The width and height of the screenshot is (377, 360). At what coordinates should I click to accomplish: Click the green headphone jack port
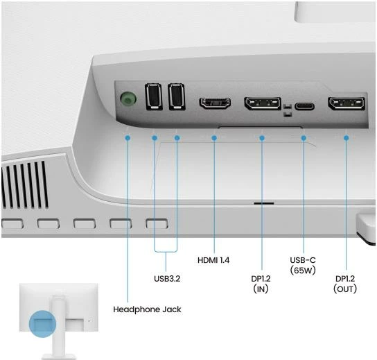128,99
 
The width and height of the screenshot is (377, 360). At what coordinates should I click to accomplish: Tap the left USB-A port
153,96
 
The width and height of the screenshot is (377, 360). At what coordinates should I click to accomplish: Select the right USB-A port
177,96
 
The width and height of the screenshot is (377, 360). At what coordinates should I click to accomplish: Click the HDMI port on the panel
215,103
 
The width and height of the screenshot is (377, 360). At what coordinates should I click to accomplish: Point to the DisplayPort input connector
263,103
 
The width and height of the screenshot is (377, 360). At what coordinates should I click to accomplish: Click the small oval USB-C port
304,106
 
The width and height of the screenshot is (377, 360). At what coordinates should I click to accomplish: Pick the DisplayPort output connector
347,103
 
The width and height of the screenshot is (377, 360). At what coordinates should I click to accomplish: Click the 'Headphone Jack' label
147,309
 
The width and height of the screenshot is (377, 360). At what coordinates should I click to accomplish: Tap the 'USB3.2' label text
167,279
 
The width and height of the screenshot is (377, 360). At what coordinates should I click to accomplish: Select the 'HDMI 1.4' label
213,260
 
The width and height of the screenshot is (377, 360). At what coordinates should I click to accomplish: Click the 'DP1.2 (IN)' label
261,284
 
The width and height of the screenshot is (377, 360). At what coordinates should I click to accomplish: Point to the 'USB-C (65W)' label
303,265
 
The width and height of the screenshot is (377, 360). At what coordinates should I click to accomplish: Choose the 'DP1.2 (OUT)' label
345,284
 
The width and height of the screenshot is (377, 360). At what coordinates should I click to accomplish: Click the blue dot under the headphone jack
128,138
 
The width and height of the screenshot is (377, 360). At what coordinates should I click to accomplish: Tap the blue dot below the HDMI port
214,138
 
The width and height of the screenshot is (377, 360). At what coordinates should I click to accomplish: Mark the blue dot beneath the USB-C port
304,138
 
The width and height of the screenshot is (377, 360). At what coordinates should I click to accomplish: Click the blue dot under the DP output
347,138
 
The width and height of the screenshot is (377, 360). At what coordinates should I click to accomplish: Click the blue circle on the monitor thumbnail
42,324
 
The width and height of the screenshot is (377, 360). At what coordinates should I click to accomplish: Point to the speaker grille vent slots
24,185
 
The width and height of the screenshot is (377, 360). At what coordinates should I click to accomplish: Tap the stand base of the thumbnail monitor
58,357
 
